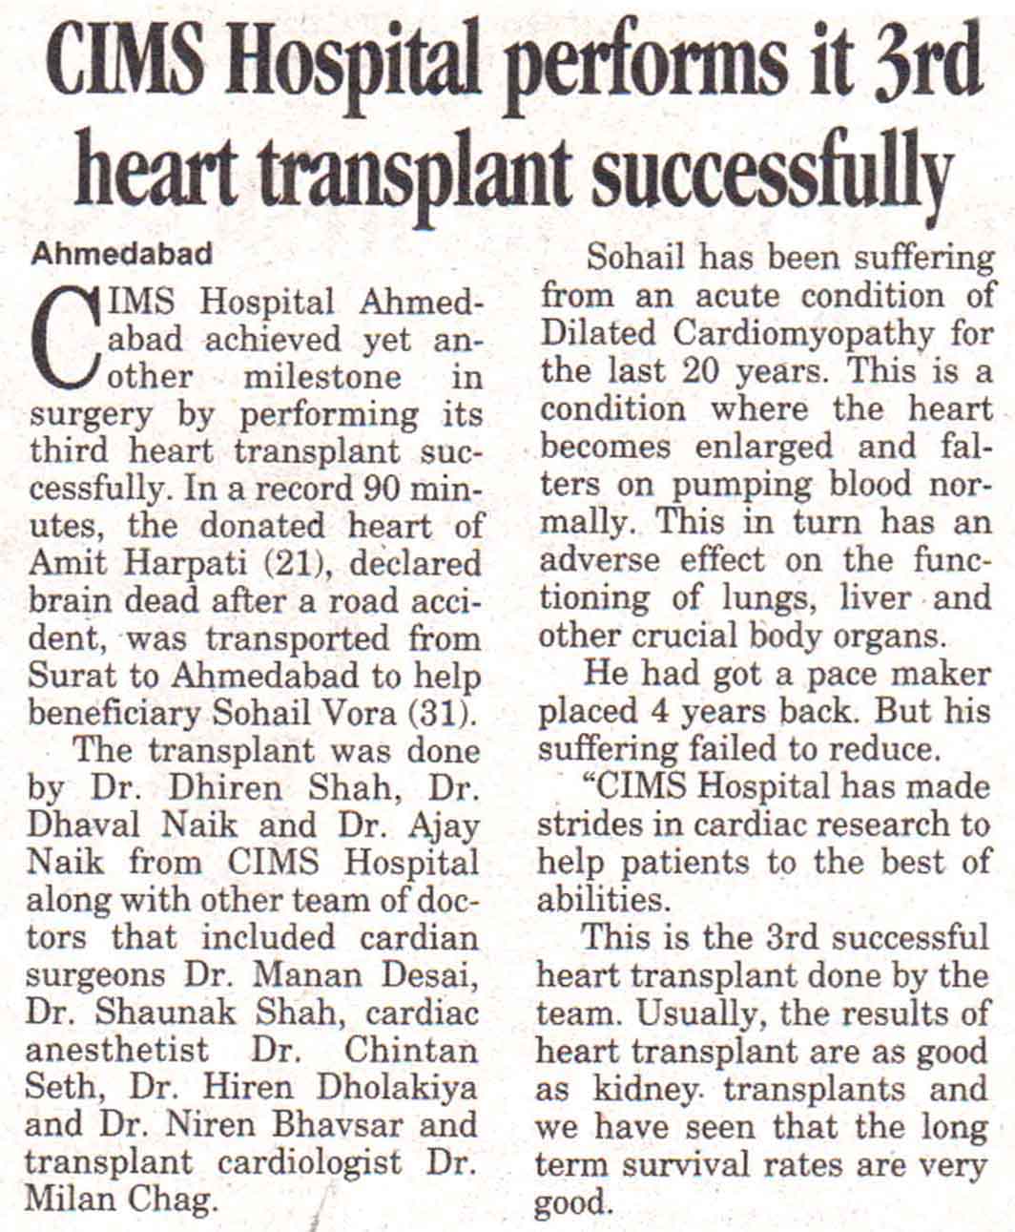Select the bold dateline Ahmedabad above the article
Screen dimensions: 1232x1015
coord(121,256)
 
